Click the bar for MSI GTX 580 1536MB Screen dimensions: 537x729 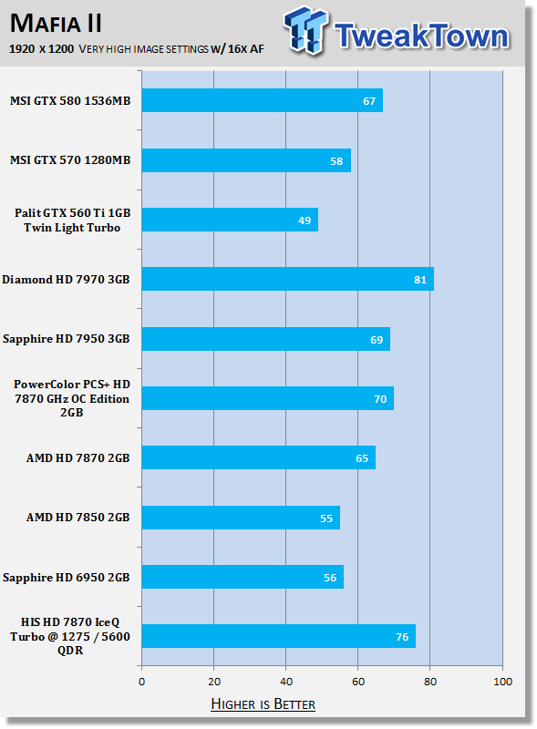[x=263, y=100]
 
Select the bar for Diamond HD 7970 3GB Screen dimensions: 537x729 [x=288, y=279]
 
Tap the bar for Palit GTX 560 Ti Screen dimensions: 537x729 [x=230, y=220]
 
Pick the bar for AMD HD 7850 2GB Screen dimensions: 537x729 [x=241, y=518]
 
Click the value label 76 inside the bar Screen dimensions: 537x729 [x=402, y=637]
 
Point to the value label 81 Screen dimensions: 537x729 [x=420, y=280]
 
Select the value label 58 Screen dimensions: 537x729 [x=336, y=161]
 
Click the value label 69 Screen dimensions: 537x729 [x=377, y=340]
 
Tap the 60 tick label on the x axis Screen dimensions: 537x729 [x=358, y=682]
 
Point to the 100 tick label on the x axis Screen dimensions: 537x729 [x=502, y=682]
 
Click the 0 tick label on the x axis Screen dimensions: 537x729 [x=142, y=682]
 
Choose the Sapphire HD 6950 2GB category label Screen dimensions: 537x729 [x=66, y=578]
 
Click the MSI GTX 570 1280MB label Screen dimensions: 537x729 [x=70, y=160]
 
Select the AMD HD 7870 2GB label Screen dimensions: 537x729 [x=77, y=458]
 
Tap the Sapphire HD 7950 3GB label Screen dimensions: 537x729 [x=66, y=339]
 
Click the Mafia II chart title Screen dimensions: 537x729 [x=56, y=24]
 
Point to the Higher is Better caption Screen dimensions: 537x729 [x=263, y=703]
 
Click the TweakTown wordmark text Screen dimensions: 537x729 [x=421, y=36]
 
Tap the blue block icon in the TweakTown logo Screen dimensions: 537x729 [x=305, y=30]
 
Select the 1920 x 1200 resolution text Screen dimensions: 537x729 [x=41, y=49]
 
